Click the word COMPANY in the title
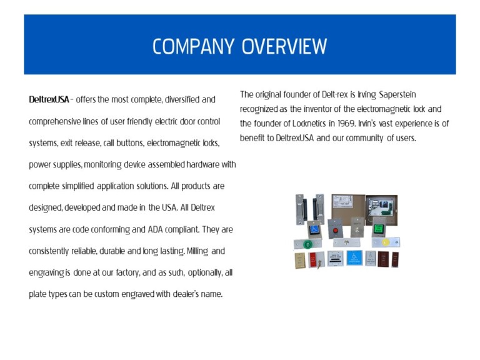194,46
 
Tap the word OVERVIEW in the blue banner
284,46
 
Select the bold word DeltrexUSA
49,99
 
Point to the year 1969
346,123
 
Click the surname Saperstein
397,94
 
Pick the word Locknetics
309,123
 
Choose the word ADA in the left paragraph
155,229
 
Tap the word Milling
197,251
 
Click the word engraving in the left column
46,273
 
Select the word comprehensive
55,122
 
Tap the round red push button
336,231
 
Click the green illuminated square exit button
379,229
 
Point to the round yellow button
386,242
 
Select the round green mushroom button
307,244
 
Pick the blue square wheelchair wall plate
354,257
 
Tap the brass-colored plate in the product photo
299,261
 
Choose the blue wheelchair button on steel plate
314,229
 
